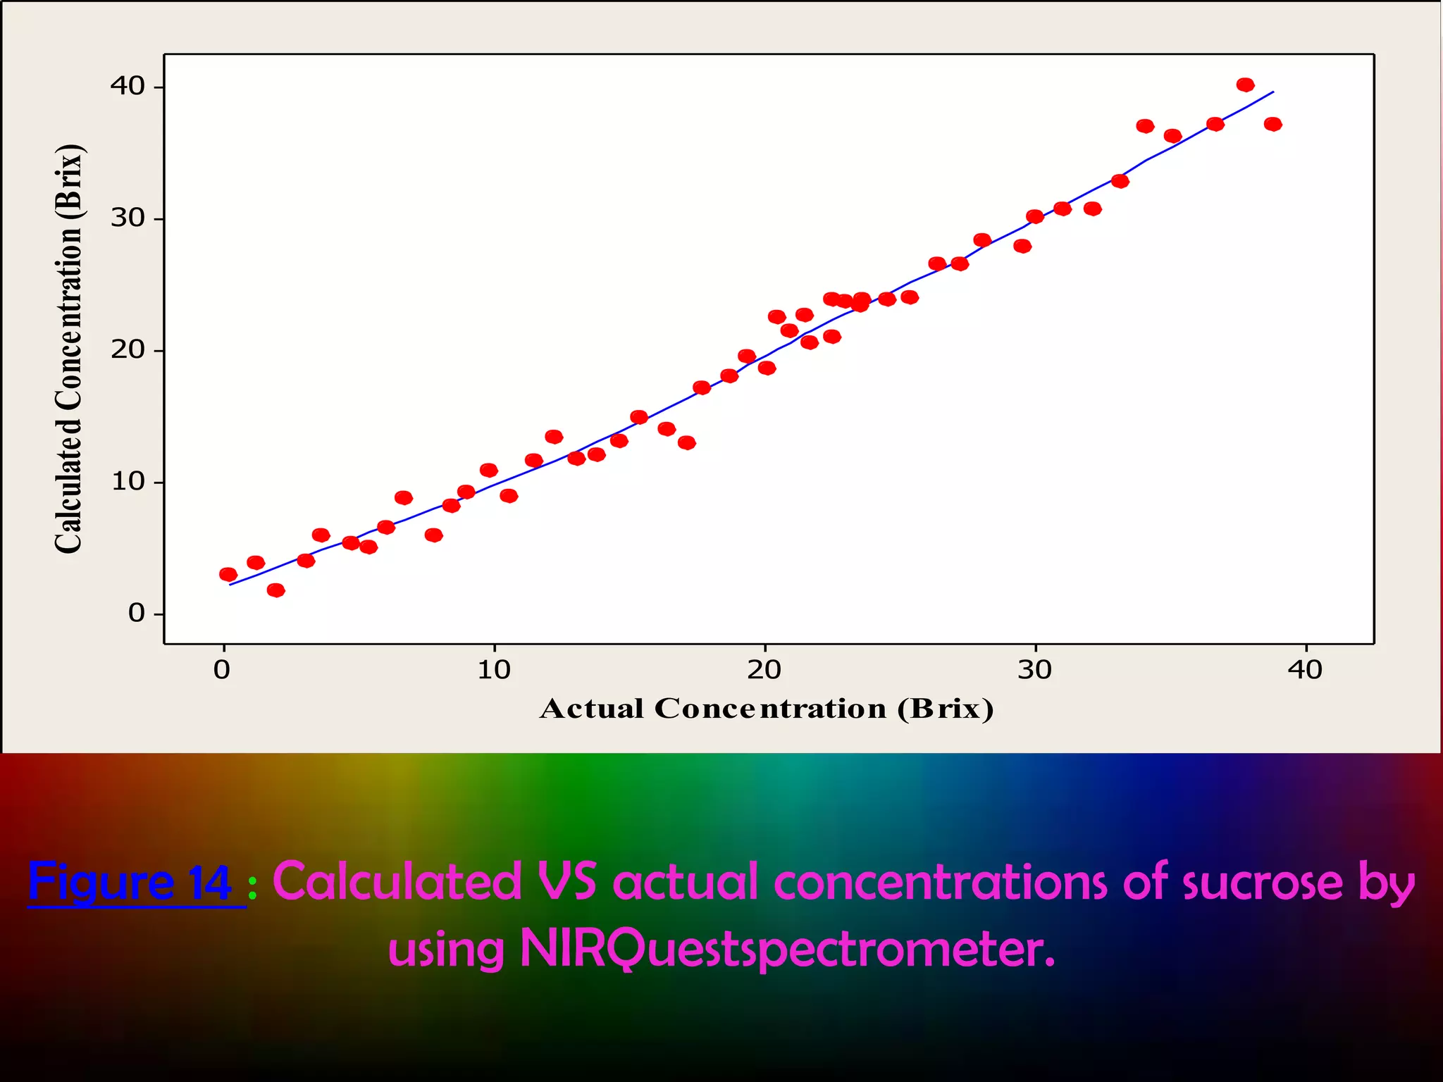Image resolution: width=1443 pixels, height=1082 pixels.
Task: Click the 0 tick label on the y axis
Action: [x=136, y=614]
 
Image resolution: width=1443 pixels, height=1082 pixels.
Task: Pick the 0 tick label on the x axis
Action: [x=222, y=670]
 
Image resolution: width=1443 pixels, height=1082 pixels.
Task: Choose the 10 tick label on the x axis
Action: [x=494, y=670]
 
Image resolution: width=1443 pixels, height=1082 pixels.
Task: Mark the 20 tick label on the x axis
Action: [x=764, y=670]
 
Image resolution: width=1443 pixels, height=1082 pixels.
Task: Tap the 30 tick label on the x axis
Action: [x=1035, y=670]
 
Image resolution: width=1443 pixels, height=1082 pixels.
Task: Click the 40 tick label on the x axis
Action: [x=1306, y=670]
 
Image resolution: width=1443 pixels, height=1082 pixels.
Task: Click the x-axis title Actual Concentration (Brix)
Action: [x=767, y=709]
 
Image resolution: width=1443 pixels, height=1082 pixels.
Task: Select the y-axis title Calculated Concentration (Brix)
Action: [x=69, y=349]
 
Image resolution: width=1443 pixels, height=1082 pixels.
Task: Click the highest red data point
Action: [x=1245, y=85]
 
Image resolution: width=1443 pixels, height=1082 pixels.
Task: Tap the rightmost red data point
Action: [x=1272, y=125]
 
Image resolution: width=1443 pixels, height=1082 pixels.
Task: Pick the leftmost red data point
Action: [x=228, y=575]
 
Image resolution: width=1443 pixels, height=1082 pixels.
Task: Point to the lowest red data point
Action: [x=275, y=590]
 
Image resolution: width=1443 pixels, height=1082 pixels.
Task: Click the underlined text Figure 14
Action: [x=130, y=882]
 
